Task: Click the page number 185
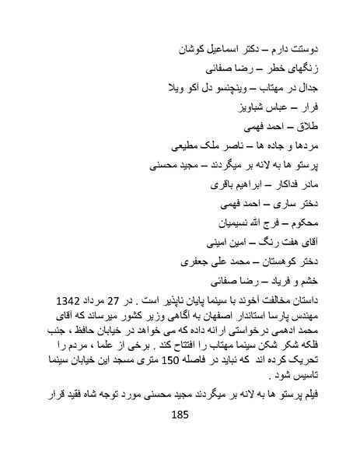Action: [179, 419]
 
